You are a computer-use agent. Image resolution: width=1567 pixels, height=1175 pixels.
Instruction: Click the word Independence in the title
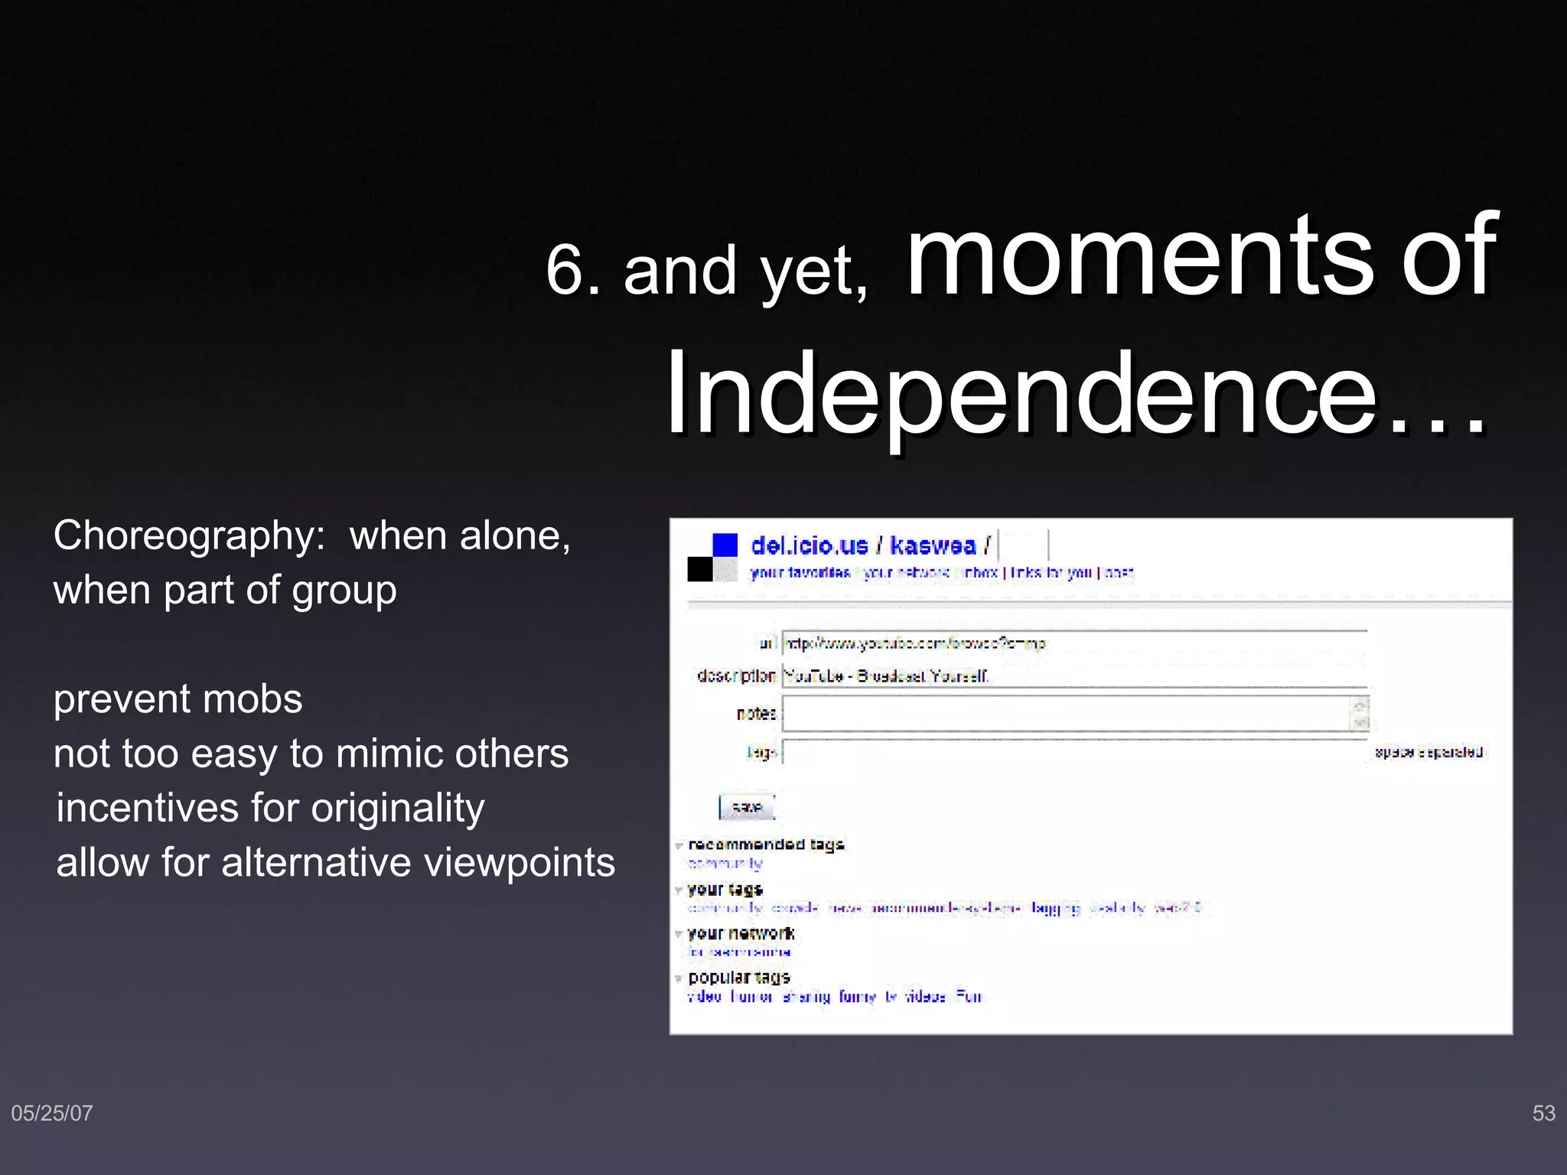[x=1021, y=394]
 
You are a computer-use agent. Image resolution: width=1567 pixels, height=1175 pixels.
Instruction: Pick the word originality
[x=398, y=809]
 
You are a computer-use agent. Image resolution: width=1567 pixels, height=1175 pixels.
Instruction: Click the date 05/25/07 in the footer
[x=52, y=1113]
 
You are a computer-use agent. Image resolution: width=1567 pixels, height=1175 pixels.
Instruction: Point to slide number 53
[x=1543, y=1113]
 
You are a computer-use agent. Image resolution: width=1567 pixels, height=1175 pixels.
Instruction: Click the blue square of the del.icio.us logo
[x=725, y=545]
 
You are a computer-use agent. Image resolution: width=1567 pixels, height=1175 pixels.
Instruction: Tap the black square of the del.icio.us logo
[x=699, y=569]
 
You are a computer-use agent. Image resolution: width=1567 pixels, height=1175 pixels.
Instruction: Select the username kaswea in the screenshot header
[x=933, y=545]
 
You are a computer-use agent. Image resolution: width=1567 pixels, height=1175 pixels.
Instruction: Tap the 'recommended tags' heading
[x=766, y=845]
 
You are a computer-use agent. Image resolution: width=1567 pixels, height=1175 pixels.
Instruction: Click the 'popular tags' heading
[x=739, y=978]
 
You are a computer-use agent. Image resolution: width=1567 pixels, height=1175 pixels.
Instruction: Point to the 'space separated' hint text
[x=1429, y=752]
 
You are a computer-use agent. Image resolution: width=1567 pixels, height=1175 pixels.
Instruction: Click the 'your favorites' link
[x=800, y=572]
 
